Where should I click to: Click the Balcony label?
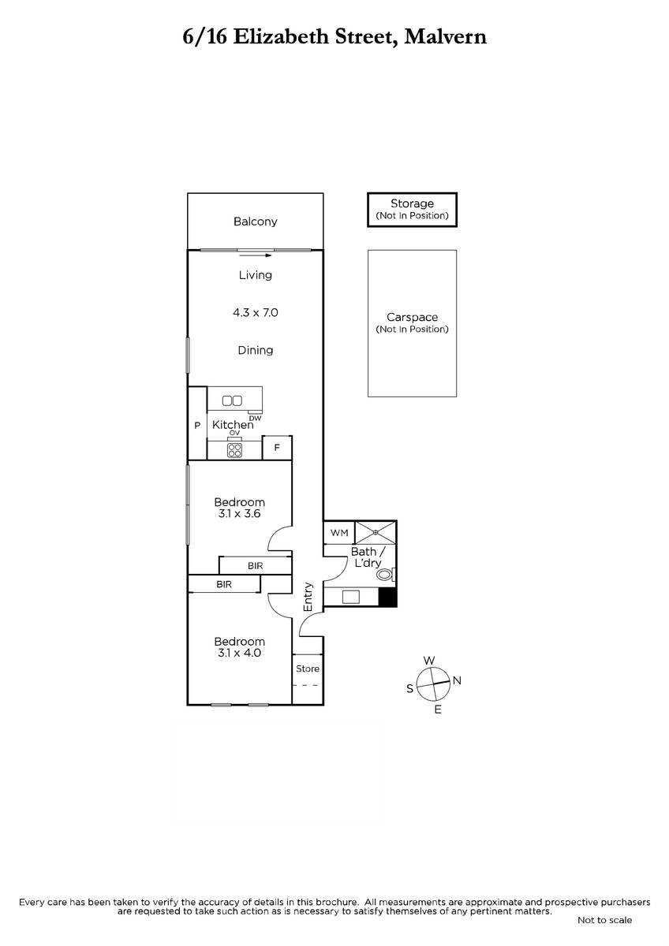click(x=256, y=222)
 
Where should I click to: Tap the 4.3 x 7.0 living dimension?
click(x=256, y=312)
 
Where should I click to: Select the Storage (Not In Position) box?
click(x=412, y=210)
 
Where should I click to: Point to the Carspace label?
click(x=412, y=317)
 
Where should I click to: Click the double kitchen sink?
click(x=232, y=400)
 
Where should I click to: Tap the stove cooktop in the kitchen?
click(x=234, y=450)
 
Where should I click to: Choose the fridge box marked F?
click(x=277, y=448)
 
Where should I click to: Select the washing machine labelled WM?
click(x=339, y=533)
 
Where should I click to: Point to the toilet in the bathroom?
click(x=386, y=575)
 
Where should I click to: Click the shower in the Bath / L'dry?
click(x=376, y=533)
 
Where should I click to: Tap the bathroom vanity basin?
click(x=351, y=597)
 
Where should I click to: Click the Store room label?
click(x=308, y=669)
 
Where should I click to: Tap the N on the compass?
click(x=457, y=680)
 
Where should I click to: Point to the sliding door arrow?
click(x=256, y=255)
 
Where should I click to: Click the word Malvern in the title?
click(x=446, y=37)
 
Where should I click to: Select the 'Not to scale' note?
click(x=605, y=920)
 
